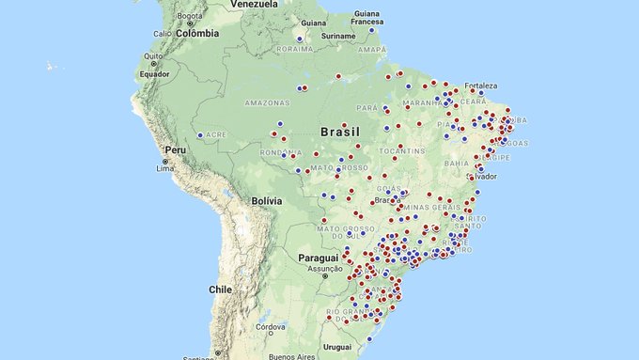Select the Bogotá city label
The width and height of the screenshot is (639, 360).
(190, 16)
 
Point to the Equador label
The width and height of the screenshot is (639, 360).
(154, 74)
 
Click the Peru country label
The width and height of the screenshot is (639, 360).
(176, 149)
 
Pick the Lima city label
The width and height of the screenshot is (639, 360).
(165, 167)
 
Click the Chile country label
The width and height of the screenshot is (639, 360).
(221, 290)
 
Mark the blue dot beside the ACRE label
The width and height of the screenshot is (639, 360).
(200, 135)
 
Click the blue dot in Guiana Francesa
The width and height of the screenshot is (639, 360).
(371, 30)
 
